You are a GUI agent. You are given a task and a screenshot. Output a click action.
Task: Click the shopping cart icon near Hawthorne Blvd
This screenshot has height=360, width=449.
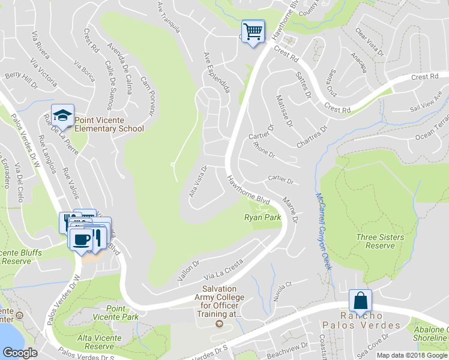click(253, 31)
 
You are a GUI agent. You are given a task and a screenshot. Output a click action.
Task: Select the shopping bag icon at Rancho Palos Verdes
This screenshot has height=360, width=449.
click(360, 301)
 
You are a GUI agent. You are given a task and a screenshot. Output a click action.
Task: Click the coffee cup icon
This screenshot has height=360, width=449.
click(81, 239)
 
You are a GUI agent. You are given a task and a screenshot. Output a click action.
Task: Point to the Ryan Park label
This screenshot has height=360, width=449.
click(262, 218)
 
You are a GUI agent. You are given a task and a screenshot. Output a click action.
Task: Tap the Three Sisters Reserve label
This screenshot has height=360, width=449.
click(379, 241)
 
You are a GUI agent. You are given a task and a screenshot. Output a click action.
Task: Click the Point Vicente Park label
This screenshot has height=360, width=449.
click(114, 312)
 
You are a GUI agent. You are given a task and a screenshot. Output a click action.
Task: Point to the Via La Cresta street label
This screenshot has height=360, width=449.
click(223, 271)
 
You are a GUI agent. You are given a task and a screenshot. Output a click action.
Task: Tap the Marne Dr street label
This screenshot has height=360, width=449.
click(290, 209)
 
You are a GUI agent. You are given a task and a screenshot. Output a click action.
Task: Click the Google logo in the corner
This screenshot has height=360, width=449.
click(20, 352)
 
